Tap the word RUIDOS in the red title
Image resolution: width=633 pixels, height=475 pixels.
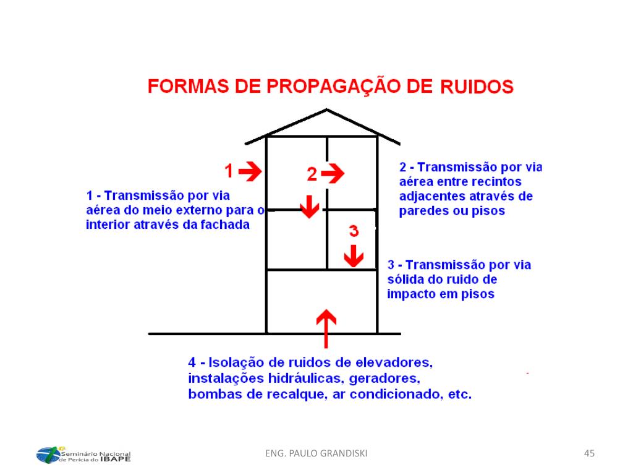coord(477,87)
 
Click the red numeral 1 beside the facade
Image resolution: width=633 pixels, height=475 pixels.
coord(229,171)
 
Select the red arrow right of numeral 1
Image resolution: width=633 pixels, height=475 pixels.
coord(250,171)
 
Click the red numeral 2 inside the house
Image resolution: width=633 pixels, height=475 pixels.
coord(312,175)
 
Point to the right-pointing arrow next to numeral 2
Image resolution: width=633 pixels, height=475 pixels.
coord(333,174)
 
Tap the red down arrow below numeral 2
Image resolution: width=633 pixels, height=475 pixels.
coord(309,205)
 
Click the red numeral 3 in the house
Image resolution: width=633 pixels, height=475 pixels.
coord(353,231)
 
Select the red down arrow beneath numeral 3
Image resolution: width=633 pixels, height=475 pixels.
coord(353,255)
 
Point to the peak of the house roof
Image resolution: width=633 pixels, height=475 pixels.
coord(326,111)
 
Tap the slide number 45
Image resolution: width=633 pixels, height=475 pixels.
coord(589,454)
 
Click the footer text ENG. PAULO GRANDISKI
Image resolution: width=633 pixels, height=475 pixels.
coord(316,454)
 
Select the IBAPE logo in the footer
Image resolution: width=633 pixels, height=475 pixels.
coord(83,455)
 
